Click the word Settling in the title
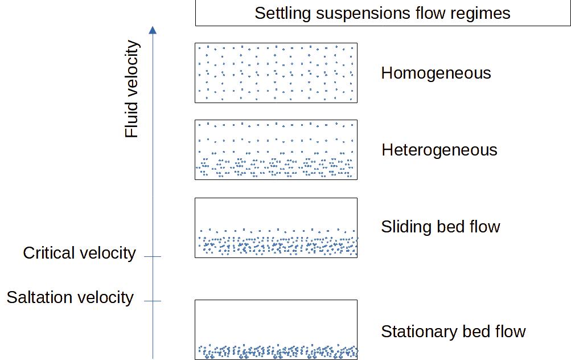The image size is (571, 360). click(x=280, y=13)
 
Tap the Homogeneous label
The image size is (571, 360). click(x=436, y=73)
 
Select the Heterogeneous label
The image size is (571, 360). click(x=439, y=150)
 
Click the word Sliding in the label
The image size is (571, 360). click(x=402, y=227)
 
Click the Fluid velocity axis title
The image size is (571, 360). click(x=132, y=89)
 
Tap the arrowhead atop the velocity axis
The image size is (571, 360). click(x=153, y=30)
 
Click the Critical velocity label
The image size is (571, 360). click(x=79, y=253)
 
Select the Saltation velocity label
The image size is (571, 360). click(x=70, y=297)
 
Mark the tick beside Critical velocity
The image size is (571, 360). click(x=153, y=257)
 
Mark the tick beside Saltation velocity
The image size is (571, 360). click(x=153, y=301)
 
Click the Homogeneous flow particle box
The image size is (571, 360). click(x=276, y=73)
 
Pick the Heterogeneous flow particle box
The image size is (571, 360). click(x=276, y=150)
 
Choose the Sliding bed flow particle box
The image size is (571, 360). click(x=276, y=228)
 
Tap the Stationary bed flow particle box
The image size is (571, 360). click(x=276, y=329)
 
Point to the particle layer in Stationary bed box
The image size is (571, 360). click(x=276, y=351)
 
